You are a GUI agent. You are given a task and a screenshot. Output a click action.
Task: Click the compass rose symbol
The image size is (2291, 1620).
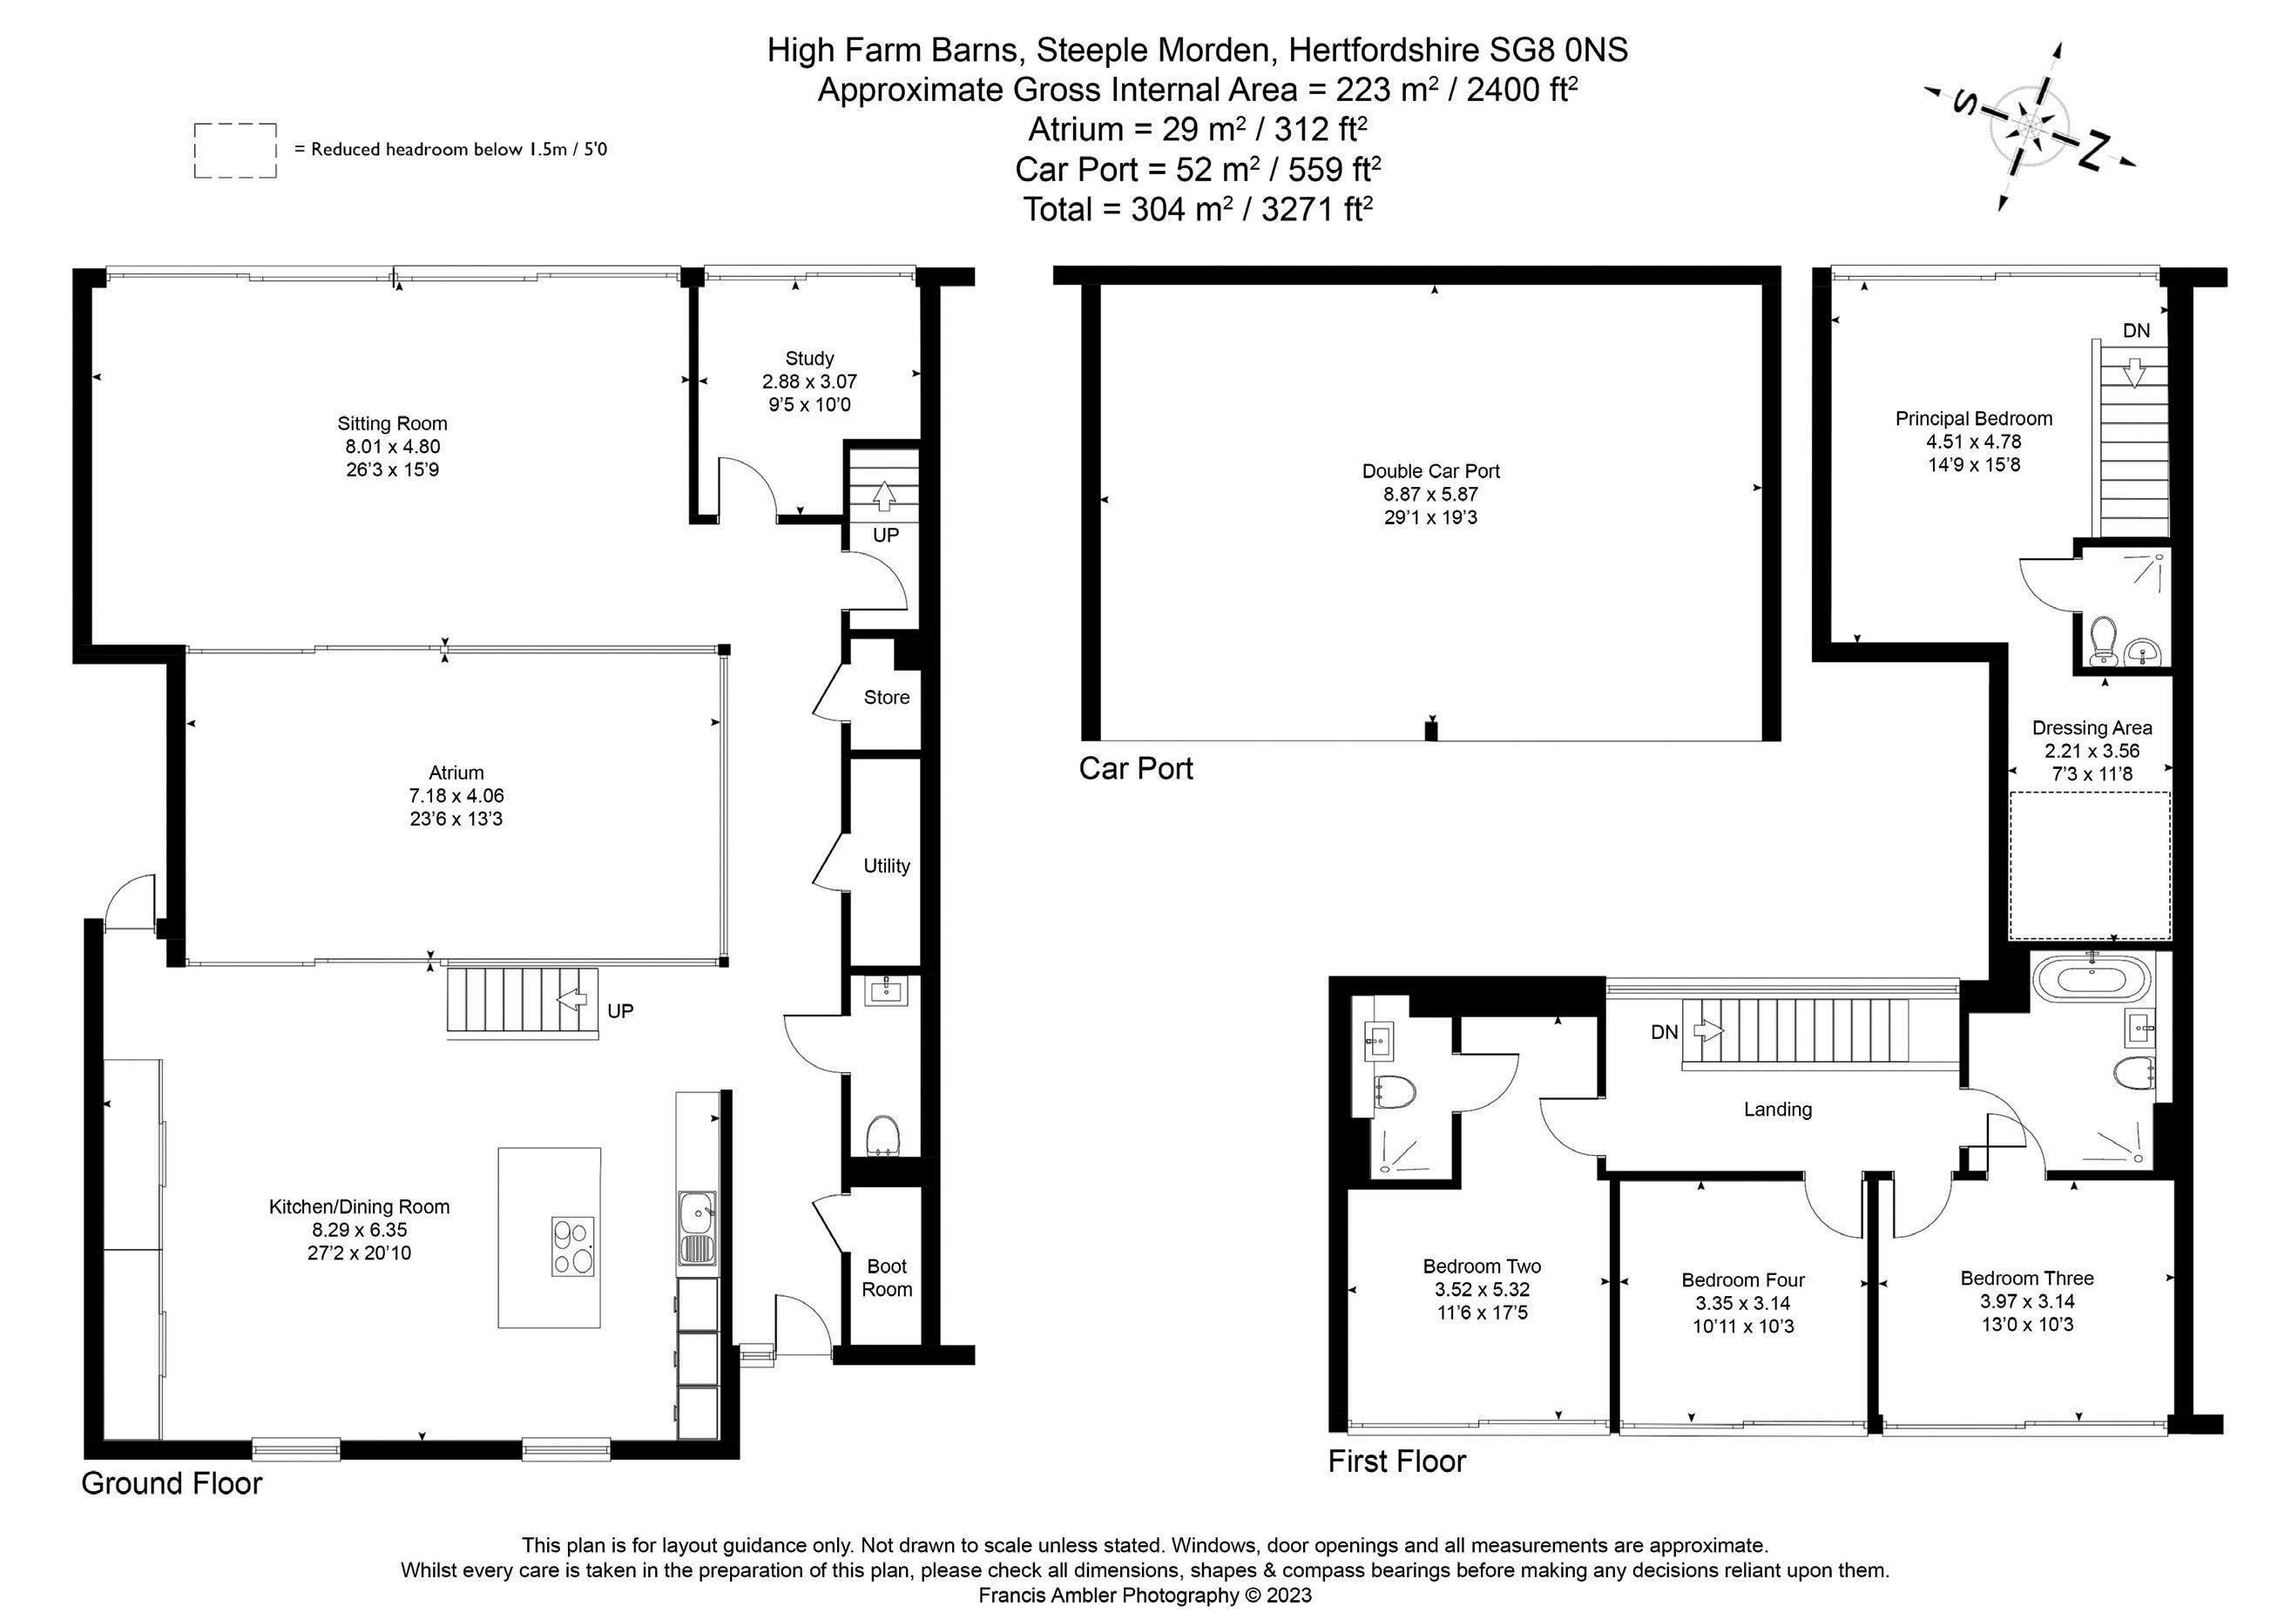(2031, 126)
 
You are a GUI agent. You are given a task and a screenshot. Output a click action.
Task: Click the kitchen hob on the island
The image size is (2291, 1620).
(573, 1246)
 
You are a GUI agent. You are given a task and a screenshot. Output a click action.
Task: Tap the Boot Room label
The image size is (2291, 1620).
(886, 1278)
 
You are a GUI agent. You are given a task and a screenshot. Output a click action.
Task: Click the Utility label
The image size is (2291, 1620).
(886, 866)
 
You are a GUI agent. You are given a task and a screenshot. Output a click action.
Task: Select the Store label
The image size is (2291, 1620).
(886, 698)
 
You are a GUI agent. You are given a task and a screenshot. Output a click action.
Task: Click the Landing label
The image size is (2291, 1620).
(1777, 1110)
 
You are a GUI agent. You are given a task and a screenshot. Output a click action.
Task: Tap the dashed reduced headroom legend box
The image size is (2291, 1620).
(235, 151)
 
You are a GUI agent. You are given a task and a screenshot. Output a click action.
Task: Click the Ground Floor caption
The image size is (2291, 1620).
(172, 1483)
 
